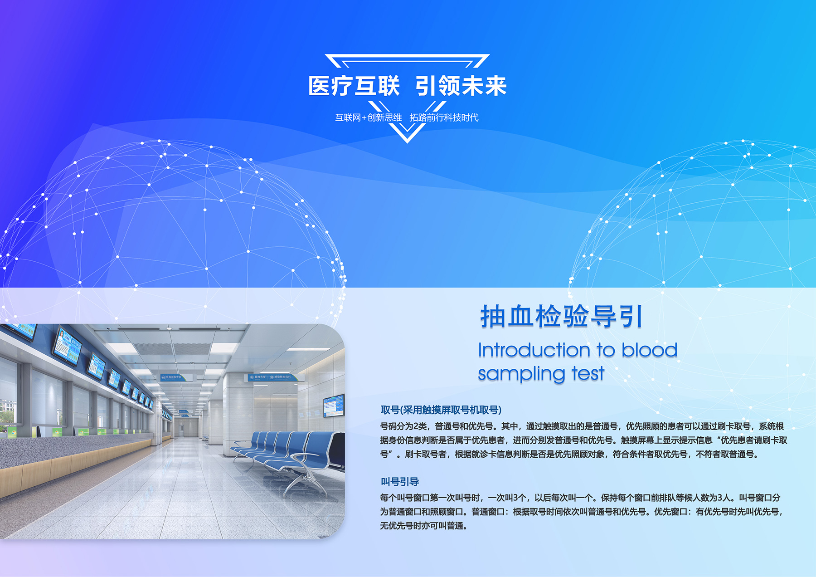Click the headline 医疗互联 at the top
point(354,86)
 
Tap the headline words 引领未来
point(461,86)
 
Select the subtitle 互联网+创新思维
point(368,117)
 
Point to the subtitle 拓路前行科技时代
point(444,117)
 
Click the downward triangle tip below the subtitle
point(407,142)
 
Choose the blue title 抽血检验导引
point(561,316)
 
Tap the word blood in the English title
point(649,350)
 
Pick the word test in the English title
point(588,373)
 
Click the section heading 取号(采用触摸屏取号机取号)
point(441,410)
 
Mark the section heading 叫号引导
point(399,482)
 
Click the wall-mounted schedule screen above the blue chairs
point(333,406)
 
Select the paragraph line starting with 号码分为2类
point(582,426)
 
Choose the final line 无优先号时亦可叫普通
point(423,526)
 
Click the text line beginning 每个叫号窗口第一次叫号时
point(580,498)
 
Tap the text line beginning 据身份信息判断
point(583,440)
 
